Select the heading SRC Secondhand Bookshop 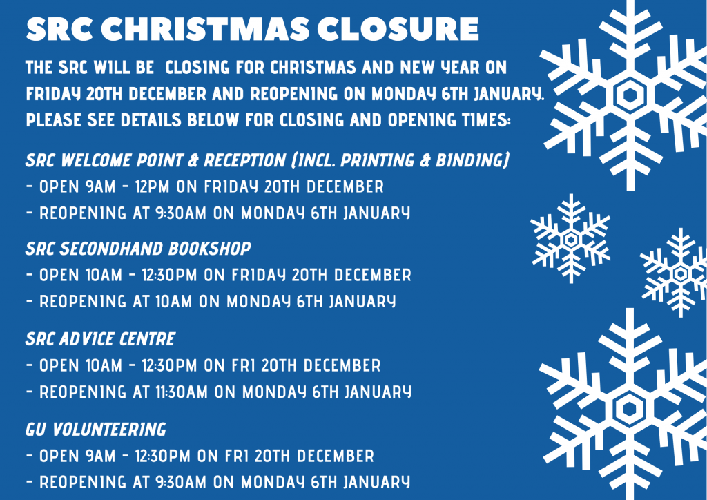tap(138, 249)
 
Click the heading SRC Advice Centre tap(100, 338)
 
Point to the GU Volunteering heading tap(95, 430)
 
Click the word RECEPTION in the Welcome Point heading tap(245, 160)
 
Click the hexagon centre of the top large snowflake tap(630, 95)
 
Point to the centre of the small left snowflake tap(571, 239)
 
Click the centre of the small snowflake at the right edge tap(680, 273)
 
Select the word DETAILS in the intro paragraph tap(151, 120)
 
